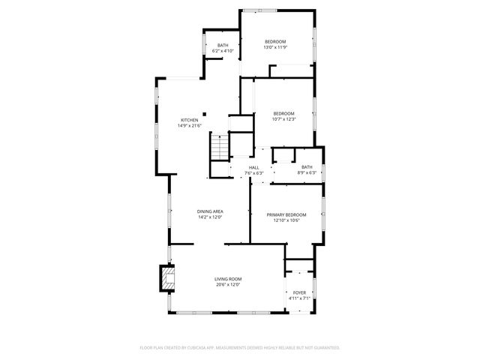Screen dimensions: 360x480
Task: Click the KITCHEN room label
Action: tap(189, 121)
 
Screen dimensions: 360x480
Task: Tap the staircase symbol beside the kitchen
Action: tap(218, 147)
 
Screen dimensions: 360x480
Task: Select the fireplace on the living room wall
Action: tap(166, 279)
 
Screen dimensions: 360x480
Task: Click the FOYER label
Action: tap(299, 292)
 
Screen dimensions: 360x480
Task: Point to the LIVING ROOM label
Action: tap(227, 279)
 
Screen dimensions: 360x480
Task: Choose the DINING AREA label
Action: tap(210, 211)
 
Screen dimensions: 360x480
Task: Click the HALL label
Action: tap(254, 167)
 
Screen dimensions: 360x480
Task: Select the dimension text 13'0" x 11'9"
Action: tap(275, 47)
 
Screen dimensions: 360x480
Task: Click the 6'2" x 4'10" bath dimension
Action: tap(223, 50)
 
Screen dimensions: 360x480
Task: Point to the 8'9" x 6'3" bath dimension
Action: tap(307, 172)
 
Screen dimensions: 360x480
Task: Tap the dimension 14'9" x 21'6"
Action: tap(189, 126)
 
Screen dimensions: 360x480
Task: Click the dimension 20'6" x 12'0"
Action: tap(227, 284)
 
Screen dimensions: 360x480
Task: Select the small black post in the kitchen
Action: tap(204, 115)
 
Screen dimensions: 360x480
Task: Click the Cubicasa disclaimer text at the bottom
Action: tap(240, 347)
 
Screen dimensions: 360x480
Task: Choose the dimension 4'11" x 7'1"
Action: tap(299, 298)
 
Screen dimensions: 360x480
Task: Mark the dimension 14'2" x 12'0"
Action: tap(210, 217)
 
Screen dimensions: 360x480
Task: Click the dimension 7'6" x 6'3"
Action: tap(254, 172)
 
